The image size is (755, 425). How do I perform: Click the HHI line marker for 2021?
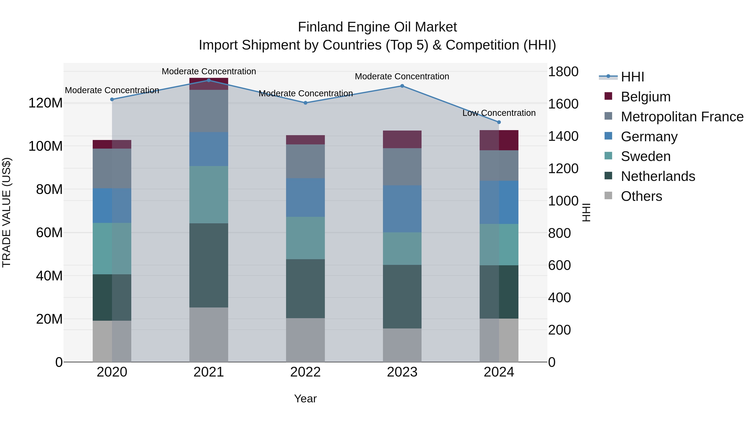(209, 80)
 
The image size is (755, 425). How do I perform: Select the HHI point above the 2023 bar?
(402, 86)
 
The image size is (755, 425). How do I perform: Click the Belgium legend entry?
(645, 97)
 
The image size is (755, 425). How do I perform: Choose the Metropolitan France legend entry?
(682, 117)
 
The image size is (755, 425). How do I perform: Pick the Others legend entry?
(641, 196)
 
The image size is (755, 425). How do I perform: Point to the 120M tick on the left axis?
(46, 103)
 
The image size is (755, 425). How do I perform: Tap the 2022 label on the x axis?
(305, 372)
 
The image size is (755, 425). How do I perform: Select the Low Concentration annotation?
(499, 113)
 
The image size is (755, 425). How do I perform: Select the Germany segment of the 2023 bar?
(402, 209)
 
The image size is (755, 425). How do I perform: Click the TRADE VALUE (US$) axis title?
(7, 212)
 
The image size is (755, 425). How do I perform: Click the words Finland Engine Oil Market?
(377, 27)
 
